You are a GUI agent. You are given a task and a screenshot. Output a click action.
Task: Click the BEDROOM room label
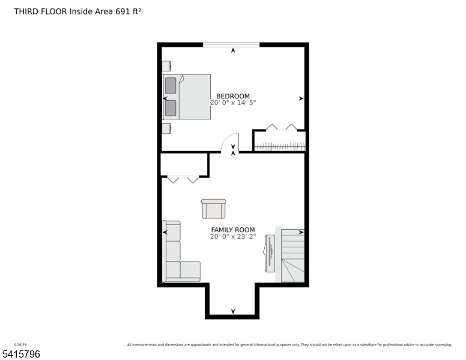tap(233, 96)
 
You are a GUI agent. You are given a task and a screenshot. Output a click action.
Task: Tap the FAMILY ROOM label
tap(232, 230)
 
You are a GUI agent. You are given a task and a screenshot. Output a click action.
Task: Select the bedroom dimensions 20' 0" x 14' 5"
tap(233, 103)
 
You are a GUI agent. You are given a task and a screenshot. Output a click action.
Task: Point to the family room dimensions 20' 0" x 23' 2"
tap(233, 236)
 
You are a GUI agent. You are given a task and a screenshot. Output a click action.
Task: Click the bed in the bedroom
tap(187, 97)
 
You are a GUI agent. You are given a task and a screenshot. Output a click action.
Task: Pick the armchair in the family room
tap(213, 209)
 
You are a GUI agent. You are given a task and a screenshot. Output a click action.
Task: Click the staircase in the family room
tap(292, 254)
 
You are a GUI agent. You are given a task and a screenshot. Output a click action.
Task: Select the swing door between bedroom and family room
tap(231, 143)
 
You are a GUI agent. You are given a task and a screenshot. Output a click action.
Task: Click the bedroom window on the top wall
tap(231, 44)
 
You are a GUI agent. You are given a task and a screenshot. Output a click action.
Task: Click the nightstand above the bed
tap(166, 65)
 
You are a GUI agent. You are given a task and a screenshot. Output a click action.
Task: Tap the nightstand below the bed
tap(166, 128)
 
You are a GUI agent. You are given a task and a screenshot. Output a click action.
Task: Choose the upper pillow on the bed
tap(171, 85)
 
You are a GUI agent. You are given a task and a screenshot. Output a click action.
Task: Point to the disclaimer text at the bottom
tap(289, 345)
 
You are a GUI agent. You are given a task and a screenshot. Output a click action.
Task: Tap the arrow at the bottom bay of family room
tap(233, 311)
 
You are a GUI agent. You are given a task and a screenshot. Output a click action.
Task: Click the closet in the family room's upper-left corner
tap(184, 164)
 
